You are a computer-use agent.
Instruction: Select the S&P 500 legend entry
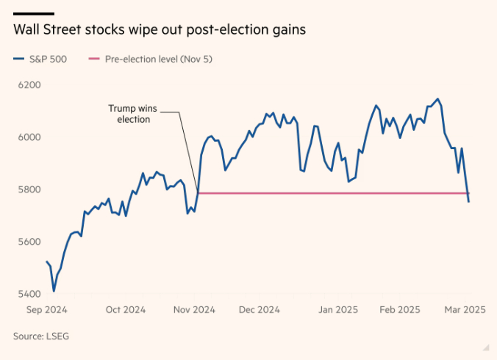[41, 59]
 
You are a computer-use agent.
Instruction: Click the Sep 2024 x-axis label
[46, 310]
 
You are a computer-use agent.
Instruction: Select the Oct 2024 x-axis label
[126, 310]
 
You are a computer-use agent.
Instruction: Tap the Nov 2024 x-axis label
[194, 310]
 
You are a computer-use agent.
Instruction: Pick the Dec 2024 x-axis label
[259, 310]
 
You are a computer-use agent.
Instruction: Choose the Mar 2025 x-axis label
[463, 310]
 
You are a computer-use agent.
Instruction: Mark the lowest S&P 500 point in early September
[54, 291]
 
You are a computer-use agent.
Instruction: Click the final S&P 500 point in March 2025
[469, 202]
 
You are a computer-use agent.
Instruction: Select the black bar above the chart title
[34, 14]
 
